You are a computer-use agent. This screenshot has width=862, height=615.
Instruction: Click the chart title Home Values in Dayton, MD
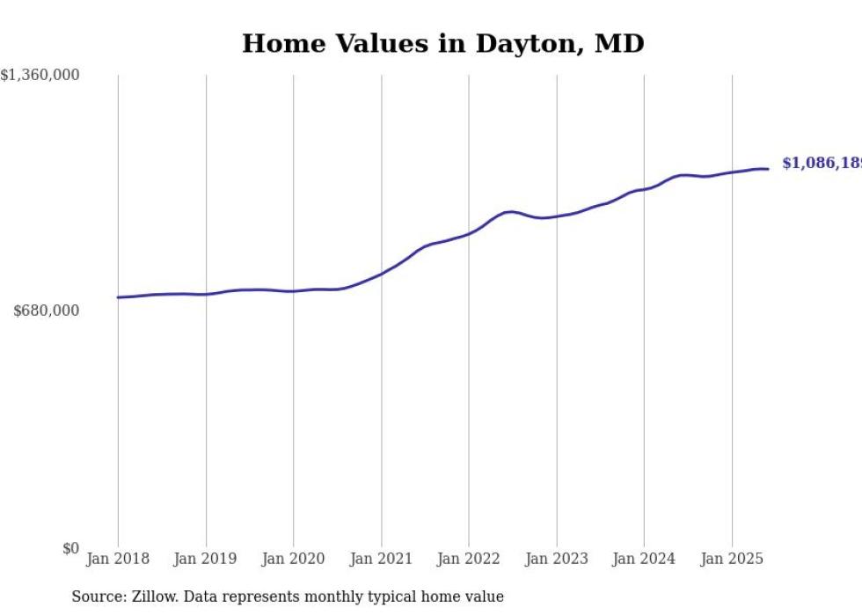point(442,43)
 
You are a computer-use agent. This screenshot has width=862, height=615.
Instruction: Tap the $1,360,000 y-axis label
point(40,76)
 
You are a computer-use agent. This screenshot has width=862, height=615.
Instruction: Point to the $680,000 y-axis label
point(47,311)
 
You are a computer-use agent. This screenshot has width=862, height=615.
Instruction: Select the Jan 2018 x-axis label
point(118,559)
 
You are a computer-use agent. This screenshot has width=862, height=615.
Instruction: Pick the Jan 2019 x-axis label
point(206,559)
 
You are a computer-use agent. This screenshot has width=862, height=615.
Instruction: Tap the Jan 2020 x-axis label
point(294,559)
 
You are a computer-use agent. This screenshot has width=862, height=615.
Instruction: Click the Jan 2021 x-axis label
point(381,559)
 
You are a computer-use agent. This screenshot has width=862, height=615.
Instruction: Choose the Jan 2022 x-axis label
point(469,559)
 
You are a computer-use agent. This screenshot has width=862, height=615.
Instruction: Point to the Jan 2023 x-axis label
point(557,559)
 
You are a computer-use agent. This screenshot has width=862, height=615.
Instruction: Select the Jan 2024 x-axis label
point(644,559)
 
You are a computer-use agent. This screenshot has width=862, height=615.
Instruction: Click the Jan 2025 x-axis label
point(732,559)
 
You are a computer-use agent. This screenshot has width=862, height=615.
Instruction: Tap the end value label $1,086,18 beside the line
point(821,164)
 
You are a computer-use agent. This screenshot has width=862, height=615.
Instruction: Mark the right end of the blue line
point(769,169)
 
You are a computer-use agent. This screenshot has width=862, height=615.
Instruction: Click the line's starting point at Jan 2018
point(118,297)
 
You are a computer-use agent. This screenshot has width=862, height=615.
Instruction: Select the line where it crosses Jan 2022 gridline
point(469,234)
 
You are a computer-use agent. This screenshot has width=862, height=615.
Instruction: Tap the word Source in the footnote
point(97,597)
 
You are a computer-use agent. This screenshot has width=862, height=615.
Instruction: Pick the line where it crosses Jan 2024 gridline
point(644,189)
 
